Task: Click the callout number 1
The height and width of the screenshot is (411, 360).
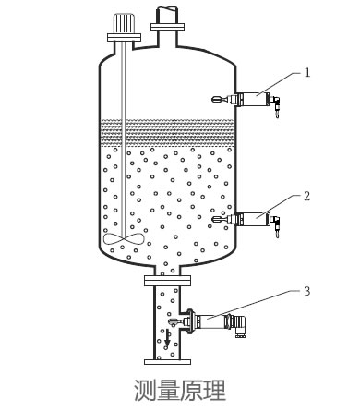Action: [307, 73]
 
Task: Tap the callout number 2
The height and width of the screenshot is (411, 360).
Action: [306, 196]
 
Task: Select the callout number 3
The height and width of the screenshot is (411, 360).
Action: [306, 291]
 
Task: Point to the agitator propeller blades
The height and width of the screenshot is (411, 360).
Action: [124, 238]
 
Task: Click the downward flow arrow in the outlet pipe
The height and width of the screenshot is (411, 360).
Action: [167, 338]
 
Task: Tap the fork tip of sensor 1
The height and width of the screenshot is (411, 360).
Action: [216, 99]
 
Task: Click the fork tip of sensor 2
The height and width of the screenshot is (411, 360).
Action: [217, 219]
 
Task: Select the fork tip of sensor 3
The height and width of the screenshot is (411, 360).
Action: [173, 322]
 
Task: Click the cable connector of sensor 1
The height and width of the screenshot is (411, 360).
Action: [276, 105]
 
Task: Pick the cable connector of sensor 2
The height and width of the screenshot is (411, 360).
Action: [276, 226]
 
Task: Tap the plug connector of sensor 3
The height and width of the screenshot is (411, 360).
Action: [239, 326]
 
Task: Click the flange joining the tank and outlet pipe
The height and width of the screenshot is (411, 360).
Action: [167, 281]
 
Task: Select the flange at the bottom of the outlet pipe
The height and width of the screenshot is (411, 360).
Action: [167, 362]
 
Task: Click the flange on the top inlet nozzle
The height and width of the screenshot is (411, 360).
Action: [167, 27]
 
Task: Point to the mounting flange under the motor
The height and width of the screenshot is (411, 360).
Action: [124, 37]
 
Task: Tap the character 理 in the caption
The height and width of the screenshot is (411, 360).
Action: [215, 391]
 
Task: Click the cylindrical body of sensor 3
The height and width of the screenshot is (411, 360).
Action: [211, 321]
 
